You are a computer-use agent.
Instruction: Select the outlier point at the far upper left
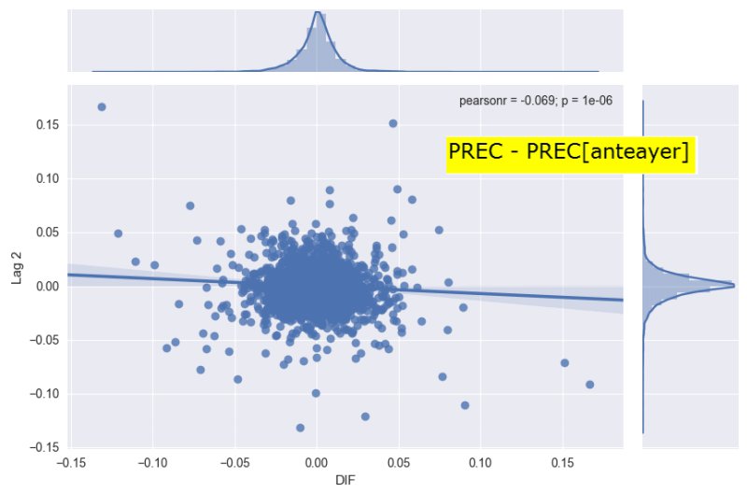point(102,107)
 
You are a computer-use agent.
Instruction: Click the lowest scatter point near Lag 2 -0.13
point(300,428)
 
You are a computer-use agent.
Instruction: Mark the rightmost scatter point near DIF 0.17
point(589,385)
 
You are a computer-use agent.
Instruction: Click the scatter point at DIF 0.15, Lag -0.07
point(564,363)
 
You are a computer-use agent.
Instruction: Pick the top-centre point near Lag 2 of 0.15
point(393,123)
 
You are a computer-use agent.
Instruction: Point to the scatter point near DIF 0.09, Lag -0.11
point(465,405)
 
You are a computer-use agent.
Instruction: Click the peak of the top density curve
point(317,12)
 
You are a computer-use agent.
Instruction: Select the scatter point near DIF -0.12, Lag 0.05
point(118,233)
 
